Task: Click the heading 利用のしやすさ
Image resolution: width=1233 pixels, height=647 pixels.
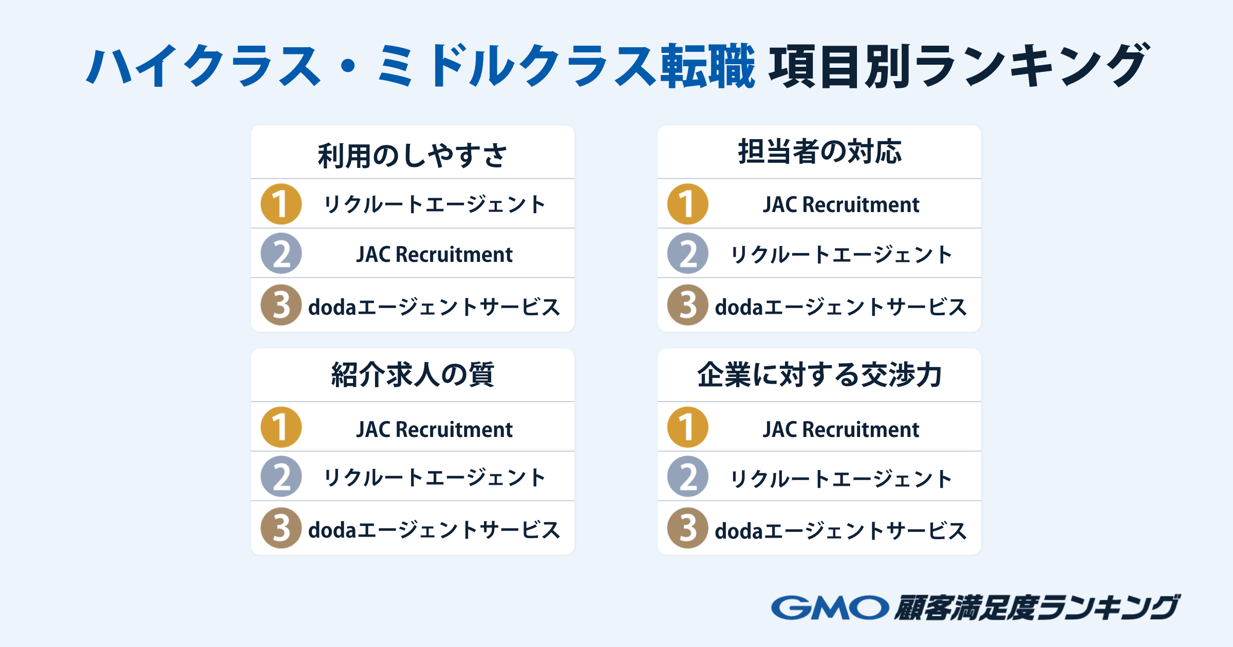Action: (x=412, y=156)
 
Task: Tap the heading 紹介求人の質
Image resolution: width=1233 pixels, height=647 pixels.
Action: (x=413, y=374)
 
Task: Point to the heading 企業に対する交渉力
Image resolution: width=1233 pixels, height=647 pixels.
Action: (x=819, y=374)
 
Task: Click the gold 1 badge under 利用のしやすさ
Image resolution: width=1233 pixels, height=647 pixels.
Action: (x=281, y=204)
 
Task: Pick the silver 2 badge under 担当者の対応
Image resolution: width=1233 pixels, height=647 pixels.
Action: (x=688, y=253)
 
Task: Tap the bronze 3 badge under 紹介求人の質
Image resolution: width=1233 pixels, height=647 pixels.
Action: (x=281, y=528)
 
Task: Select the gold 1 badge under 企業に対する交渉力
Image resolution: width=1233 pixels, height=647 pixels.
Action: (x=688, y=427)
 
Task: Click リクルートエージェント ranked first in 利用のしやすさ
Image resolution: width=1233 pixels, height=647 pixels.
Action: (x=434, y=204)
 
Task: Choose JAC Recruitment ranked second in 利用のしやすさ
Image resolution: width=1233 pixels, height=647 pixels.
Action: (x=434, y=254)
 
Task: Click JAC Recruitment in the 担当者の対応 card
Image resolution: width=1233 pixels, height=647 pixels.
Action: (x=841, y=204)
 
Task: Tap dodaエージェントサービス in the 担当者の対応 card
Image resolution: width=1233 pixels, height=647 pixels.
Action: (x=841, y=307)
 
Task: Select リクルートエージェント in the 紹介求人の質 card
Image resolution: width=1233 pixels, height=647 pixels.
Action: (x=434, y=478)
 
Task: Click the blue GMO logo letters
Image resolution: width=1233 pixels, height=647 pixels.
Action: (x=830, y=607)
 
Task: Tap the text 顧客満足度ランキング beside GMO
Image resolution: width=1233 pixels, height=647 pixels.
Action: (x=1037, y=607)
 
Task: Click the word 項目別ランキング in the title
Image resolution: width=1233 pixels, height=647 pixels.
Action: (x=958, y=66)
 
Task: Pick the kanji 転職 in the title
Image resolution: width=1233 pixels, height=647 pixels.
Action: (x=707, y=66)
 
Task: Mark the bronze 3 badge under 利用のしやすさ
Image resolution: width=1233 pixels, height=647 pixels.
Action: (x=281, y=305)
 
